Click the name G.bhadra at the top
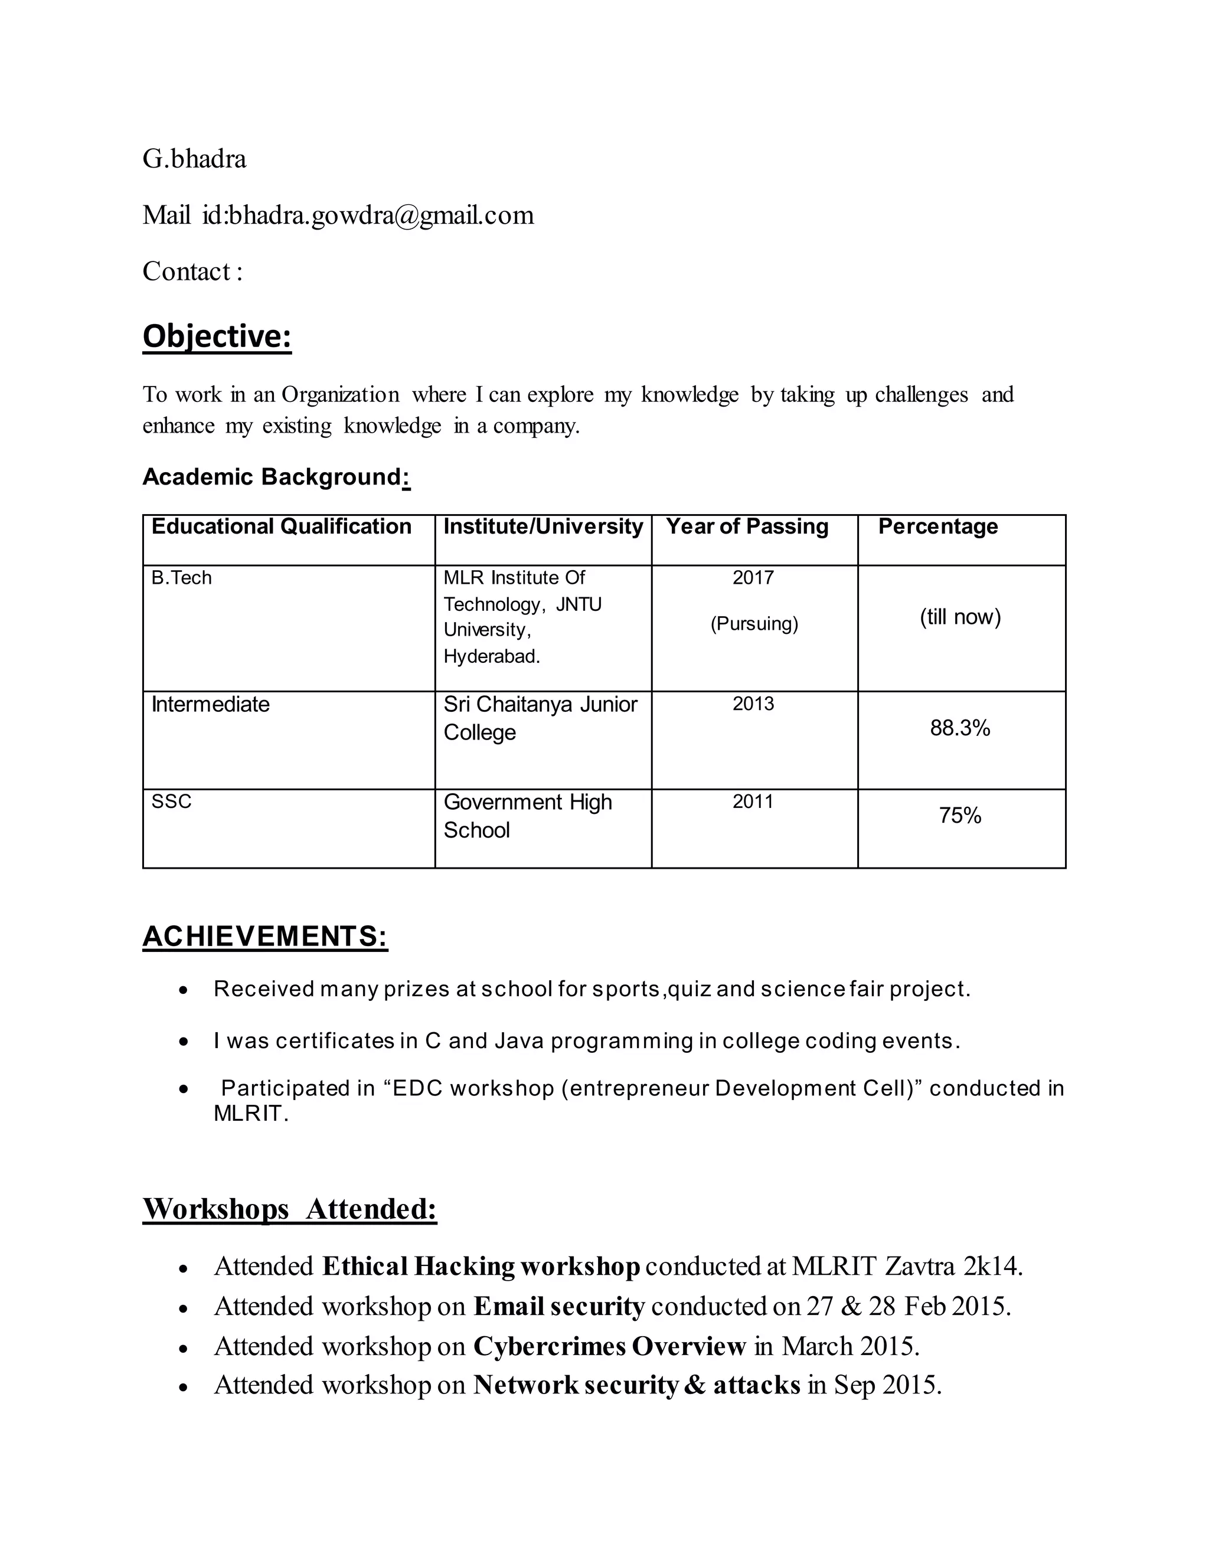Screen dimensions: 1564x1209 (194, 159)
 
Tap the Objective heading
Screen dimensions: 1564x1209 (217, 336)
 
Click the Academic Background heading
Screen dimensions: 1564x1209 (276, 477)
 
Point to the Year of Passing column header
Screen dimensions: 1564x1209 (747, 527)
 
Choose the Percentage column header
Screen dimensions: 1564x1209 (937, 527)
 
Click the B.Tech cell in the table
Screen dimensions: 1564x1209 (182, 578)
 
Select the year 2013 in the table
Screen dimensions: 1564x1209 (753, 704)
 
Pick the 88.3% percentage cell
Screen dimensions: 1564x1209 (960, 728)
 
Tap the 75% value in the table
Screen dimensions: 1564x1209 (960, 816)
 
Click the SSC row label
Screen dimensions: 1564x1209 (172, 801)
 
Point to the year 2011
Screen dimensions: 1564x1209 (753, 801)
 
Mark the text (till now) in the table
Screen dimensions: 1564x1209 (960, 617)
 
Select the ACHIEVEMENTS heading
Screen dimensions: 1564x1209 (265, 937)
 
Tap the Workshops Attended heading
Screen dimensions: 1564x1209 (289, 1209)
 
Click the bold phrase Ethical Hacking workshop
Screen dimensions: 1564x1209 (481, 1267)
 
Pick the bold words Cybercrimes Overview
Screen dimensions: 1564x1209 (609, 1346)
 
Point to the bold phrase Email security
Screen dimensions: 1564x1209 (560, 1307)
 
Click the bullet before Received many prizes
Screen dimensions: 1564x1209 (184, 990)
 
